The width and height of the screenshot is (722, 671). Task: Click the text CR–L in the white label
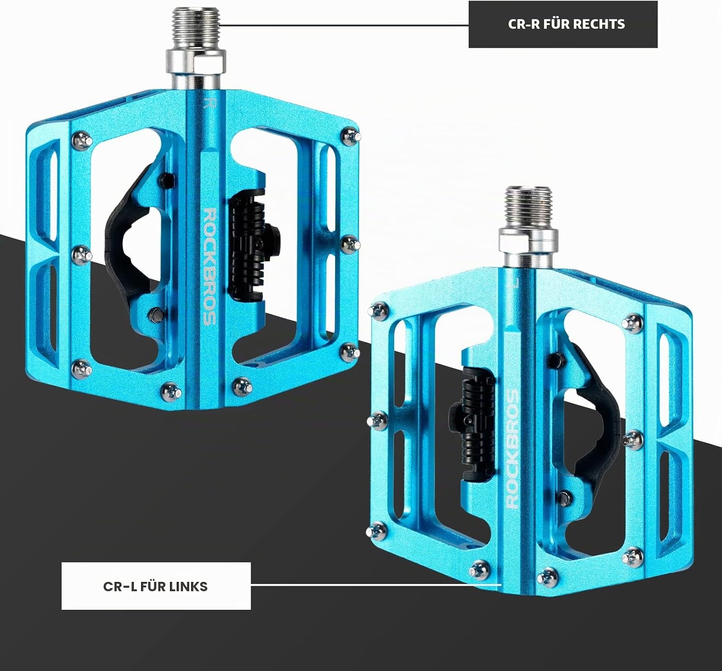(120, 587)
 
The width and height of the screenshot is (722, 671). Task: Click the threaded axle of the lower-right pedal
(529, 207)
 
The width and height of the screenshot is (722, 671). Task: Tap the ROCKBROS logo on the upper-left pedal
(209, 266)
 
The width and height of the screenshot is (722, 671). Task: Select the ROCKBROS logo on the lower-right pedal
(512, 448)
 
